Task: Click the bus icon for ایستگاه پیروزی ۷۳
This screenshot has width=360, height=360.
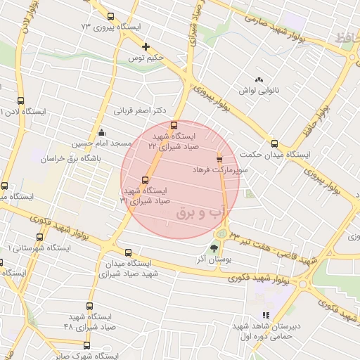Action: coord(110,17)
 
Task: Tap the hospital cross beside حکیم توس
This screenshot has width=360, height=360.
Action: coord(146,47)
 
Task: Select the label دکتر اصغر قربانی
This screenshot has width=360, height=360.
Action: coord(141,110)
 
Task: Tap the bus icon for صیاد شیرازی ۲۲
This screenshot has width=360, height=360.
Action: coord(174,125)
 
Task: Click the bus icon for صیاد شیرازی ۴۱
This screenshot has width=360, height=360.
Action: coord(146,179)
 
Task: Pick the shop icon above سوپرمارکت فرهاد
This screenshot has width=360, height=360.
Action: coord(219,157)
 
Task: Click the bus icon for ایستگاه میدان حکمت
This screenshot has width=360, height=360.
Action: coord(274,143)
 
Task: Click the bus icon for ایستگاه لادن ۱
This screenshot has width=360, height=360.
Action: coord(20,101)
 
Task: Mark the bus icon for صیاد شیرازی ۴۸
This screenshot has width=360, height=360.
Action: coord(89,307)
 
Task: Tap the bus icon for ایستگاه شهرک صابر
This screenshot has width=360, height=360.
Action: coord(86,345)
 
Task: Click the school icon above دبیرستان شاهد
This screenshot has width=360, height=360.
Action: coord(265,316)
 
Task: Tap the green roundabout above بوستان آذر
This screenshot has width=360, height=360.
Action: coord(221,232)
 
